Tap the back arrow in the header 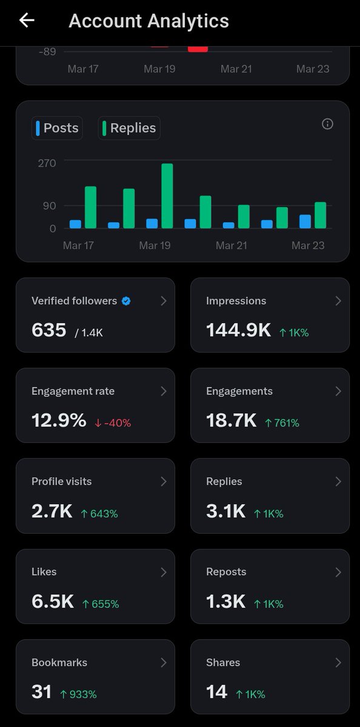point(27,21)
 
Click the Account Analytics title point(148,21)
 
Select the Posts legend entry point(57,128)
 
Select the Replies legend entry point(129,128)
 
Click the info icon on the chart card point(327,124)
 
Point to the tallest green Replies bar point(167,196)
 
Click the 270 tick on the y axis point(47,163)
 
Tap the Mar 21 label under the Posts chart point(232,245)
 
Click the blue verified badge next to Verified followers point(126,301)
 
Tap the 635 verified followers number point(48,330)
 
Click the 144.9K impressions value point(238,330)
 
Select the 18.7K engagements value point(231,421)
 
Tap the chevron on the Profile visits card point(163,482)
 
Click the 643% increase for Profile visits point(99,514)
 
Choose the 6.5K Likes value point(53,602)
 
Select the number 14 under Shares point(217,692)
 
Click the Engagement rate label point(73,391)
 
